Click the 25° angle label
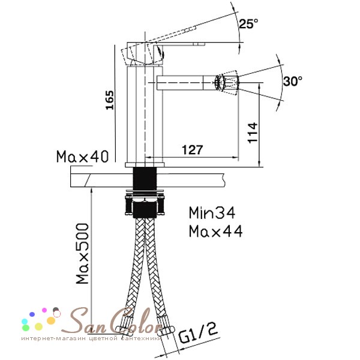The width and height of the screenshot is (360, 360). (x=248, y=23)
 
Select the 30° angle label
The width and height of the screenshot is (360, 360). (x=293, y=81)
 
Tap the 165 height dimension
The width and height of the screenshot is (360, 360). (x=110, y=100)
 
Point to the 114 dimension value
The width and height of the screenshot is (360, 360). (x=253, y=133)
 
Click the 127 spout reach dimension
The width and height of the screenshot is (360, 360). (x=193, y=150)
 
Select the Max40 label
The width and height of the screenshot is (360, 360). (x=82, y=157)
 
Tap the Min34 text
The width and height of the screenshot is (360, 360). (x=212, y=212)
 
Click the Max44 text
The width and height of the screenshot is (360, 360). (x=215, y=231)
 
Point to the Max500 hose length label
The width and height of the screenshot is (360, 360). (x=82, y=253)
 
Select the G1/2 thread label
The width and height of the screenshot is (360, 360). (x=198, y=333)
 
